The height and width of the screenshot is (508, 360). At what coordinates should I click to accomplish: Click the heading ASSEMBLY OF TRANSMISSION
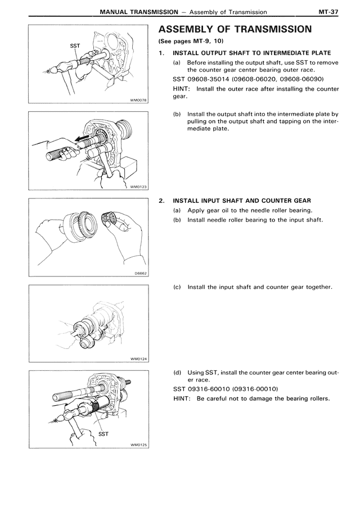[235, 29]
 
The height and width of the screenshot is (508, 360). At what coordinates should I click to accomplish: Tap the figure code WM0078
[138, 101]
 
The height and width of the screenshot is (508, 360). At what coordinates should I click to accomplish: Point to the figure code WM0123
[138, 187]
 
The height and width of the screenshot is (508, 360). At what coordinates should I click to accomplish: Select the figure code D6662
[140, 274]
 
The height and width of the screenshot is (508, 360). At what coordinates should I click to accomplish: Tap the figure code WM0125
[138, 445]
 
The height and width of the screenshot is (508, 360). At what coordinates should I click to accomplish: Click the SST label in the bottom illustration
[103, 434]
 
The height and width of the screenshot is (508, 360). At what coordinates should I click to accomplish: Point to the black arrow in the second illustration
[81, 137]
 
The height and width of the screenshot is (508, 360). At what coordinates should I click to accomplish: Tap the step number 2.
[161, 201]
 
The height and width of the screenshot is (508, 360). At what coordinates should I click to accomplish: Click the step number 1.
[161, 53]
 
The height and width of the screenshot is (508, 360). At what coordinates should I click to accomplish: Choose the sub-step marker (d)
[177, 372]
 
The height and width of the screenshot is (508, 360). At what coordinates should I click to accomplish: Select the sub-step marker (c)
[177, 287]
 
